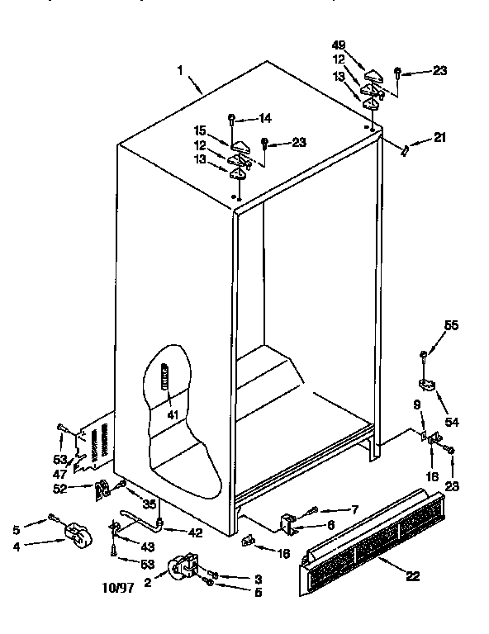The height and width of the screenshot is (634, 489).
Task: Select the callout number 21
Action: click(439, 137)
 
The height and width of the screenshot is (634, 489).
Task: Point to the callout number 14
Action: click(265, 117)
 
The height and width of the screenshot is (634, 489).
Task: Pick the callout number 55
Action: click(451, 326)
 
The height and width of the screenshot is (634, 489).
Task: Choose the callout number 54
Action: click(451, 422)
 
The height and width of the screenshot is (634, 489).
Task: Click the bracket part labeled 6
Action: click(289, 522)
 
